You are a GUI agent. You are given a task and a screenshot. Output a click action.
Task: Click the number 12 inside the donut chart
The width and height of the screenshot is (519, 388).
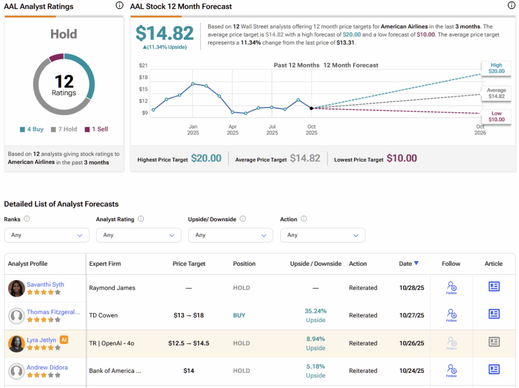pyautogui.click(x=64, y=81)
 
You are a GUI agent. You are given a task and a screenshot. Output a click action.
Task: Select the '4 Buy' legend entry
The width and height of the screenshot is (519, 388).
pyautogui.click(x=31, y=129)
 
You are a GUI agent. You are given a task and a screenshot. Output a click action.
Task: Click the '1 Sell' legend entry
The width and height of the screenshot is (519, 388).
pyautogui.click(x=96, y=129)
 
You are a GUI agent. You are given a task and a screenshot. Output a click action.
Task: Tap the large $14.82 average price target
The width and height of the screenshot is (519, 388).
pyautogui.click(x=165, y=33)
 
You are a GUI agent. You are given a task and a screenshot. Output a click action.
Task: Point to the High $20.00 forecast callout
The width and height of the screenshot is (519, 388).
pyautogui.click(x=496, y=68)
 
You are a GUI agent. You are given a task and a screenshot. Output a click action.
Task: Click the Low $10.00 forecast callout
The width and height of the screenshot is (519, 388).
pyautogui.click(x=496, y=117)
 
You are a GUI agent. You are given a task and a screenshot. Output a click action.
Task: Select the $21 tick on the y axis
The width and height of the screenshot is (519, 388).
pyautogui.click(x=143, y=65)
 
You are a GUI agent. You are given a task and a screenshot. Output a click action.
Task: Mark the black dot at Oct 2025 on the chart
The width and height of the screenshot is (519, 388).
pyautogui.click(x=311, y=108)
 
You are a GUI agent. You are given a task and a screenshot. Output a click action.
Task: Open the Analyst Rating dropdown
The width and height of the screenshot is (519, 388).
pyautogui.click(x=138, y=235)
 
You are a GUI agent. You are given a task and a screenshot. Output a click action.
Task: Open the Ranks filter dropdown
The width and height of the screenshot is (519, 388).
pyautogui.click(x=47, y=235)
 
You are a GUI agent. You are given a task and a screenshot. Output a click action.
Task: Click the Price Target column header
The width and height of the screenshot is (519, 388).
pyautogui.click(x=189, y=264)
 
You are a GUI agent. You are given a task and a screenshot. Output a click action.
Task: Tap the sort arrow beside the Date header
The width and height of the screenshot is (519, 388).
pyautogui.click(x=417, y=263)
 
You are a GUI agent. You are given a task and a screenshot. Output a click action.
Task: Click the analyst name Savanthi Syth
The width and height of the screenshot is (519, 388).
pyautogui.click(x=46, y=285)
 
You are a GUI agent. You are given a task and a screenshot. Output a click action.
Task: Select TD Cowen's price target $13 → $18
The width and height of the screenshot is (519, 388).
pyautogui.click(x=189, y=315)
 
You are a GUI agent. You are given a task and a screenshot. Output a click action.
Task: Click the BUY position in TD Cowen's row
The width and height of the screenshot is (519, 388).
pyautogui.click(x=239, y=315)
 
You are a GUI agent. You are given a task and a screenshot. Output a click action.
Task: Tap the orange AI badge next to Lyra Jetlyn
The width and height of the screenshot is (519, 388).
pyautogui.click(x=64, y=340)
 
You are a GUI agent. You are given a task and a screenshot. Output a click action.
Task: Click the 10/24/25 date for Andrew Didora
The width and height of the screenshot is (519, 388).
pyautogui.click(x=412, y=371)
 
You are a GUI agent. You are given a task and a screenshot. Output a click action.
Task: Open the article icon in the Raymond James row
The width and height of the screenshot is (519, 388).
pyautogui.click(x=494, y=287)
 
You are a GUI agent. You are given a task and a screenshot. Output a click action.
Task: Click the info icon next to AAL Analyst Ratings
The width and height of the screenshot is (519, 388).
pyautogui.click(x=119, y=6)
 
